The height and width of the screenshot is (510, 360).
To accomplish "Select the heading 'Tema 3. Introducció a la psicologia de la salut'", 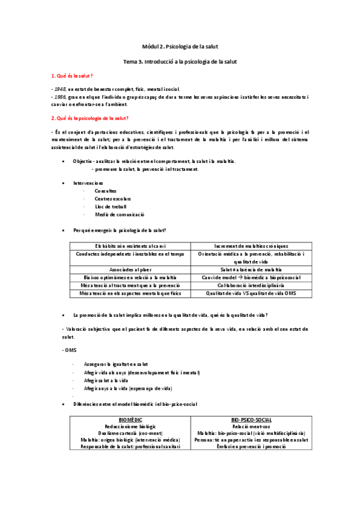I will [180, 61].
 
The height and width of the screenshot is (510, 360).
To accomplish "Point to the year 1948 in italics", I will [59, 88].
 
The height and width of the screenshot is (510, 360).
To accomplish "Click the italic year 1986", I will [59, 96].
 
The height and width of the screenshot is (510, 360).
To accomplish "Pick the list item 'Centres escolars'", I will [112, 198].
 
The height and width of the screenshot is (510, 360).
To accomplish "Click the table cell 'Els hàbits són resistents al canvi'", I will [130, 246].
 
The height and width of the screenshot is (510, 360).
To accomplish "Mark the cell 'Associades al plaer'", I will [130, 269].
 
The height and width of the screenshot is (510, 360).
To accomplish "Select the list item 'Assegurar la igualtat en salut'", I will [117, 364].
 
